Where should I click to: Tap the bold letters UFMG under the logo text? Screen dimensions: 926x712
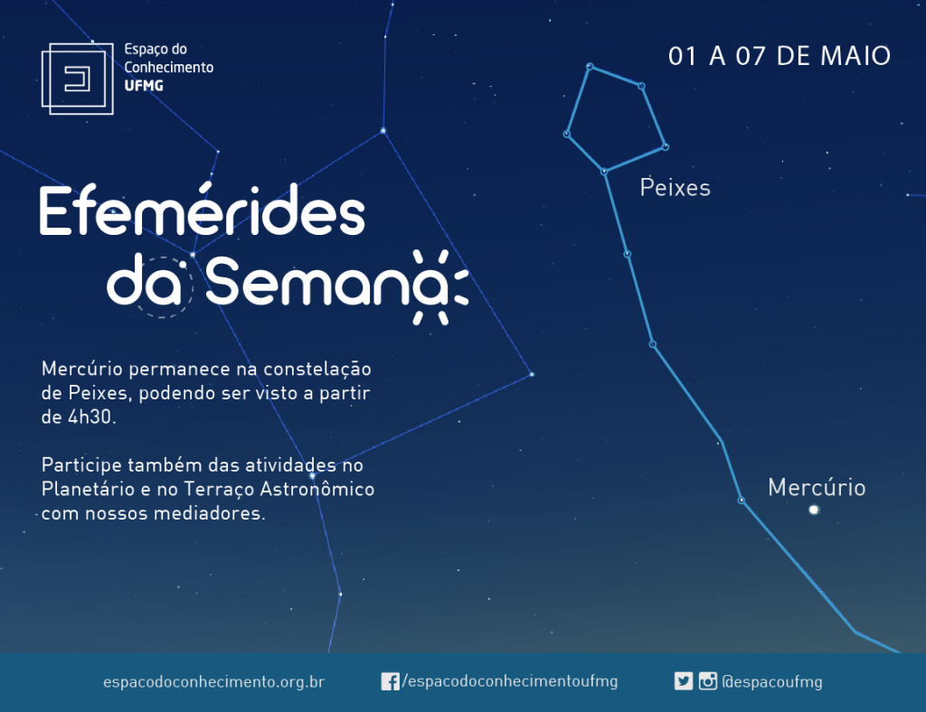click(x=144, y=86)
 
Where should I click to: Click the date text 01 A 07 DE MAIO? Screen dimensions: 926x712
click(x=779, y=57)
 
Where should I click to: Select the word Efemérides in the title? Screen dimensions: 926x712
click(x=202, y=210)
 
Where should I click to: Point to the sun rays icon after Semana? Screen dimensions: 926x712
click(x=441, y=287)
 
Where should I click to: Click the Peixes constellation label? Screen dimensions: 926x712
click(x=675, y=188)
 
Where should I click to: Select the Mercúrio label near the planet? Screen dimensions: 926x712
click(x=817, y=488)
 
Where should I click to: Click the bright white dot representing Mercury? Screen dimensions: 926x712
click(x=814, y=510)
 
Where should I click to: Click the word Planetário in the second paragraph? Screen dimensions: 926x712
click(x=88, y=490)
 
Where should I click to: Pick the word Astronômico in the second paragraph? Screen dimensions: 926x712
click(x=317, y=489)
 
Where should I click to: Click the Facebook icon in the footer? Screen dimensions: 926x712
click(x=390, y=681)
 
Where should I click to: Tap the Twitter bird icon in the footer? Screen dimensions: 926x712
click(x=684, y=681)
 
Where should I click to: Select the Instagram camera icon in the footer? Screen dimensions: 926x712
click(x=707, y=681)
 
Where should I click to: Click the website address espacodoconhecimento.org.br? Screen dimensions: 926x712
click(x=213, y=682)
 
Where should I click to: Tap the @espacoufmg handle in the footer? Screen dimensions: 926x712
click(x=772, y=682)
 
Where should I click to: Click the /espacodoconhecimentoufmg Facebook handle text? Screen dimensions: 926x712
click(x=510, y=681)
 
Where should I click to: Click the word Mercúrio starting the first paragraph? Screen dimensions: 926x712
click(x=82, y=369)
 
